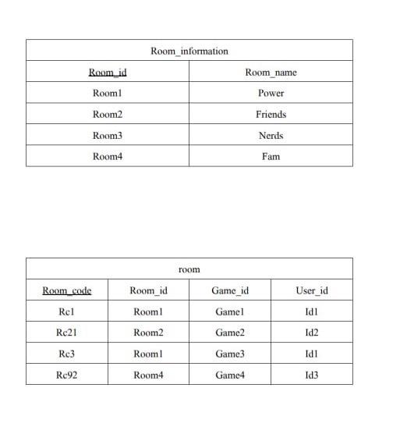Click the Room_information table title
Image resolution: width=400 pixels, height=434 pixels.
pos(189,52)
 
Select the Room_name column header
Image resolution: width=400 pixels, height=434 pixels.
pos(271,73)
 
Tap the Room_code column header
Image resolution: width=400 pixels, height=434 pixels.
pos(66,291)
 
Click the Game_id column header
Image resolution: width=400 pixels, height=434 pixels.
pos(230,291)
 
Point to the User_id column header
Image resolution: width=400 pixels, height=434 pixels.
pos(312,291)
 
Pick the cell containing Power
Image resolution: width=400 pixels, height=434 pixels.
pos(271,94)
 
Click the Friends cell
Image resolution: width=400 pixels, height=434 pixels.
pos(271,115)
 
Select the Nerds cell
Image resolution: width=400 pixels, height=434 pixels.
pos(271,136)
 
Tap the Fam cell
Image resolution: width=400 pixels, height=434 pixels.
pos(271,157)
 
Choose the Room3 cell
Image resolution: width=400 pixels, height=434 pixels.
pos(108,136)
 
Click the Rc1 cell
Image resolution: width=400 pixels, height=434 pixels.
pos(66,312)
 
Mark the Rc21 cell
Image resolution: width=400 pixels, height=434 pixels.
pos(66,333)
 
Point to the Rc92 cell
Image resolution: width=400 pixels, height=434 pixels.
pos(66,375)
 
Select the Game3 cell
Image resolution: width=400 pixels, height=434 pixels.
pos(230,354)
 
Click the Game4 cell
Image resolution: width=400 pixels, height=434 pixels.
pos(230,375)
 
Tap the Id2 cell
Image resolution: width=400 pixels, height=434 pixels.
pos(312,333)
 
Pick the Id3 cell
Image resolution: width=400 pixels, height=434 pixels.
pos(312,375)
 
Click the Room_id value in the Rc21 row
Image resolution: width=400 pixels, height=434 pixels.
pos(148,333)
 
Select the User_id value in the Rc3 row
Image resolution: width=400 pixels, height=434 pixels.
pos(312,354)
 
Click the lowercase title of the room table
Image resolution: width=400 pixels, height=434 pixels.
pos(189,270)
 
